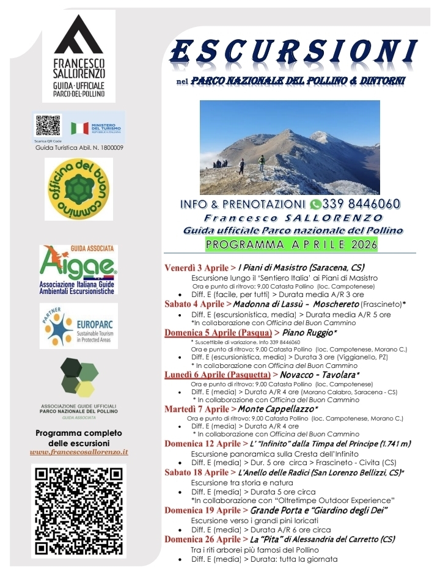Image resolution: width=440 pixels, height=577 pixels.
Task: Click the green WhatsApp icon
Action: (315, 204)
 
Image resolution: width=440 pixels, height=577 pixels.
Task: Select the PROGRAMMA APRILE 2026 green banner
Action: (291, 244)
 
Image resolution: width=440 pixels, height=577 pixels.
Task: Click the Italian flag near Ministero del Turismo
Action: (79, 128)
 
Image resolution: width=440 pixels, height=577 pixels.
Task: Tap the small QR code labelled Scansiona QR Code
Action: (48, 125)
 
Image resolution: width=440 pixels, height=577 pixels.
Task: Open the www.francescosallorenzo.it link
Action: (79, 452)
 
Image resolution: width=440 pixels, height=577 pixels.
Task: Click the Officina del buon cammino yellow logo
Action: (79, 189)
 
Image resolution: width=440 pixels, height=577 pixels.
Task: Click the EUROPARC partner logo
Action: (79, 326)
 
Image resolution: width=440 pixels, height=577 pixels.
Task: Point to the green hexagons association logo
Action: (79, 378)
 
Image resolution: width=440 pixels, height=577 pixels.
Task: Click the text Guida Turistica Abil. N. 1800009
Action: (79, 147)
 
